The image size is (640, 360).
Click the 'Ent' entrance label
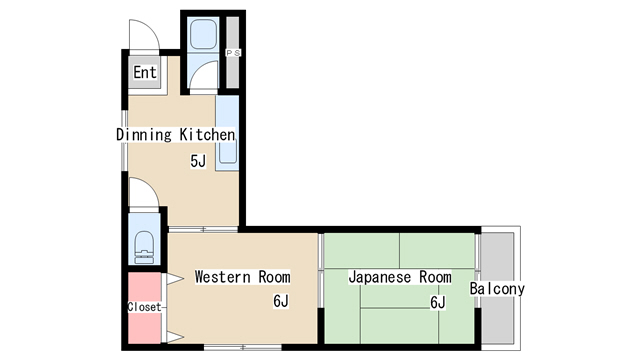145,72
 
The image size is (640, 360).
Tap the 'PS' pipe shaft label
234,52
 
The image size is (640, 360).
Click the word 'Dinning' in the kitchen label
146,134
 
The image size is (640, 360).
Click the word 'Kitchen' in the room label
208,134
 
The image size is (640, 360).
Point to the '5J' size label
198,160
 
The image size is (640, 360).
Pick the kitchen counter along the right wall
227,134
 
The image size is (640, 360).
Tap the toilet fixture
144,241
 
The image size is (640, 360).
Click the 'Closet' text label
144,306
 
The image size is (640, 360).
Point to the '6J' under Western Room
281,300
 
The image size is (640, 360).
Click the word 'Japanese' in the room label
378,276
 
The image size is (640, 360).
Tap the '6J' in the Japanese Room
437,301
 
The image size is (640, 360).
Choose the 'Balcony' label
497,289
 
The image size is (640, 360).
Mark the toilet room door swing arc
141,193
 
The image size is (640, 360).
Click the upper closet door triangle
174,277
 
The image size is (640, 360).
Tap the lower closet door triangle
174,334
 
